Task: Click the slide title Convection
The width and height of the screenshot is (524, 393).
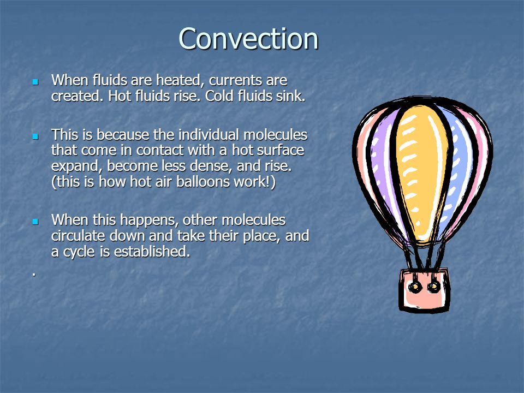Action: click(x=248, y=39)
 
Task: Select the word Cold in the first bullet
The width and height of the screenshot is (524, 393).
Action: click(x=222, y=97)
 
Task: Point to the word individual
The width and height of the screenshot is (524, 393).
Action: click(x=195, y=134)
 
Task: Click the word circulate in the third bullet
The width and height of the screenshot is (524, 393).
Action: click(x=77, y=236)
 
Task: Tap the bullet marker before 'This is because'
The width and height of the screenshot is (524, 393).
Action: click(x=35, y=135)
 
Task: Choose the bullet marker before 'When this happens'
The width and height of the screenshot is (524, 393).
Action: click(x=35, y=222)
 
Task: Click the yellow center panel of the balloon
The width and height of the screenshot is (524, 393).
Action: click(x=422, y=169)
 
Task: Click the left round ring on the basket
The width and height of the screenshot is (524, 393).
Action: click(x=416, y=287)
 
